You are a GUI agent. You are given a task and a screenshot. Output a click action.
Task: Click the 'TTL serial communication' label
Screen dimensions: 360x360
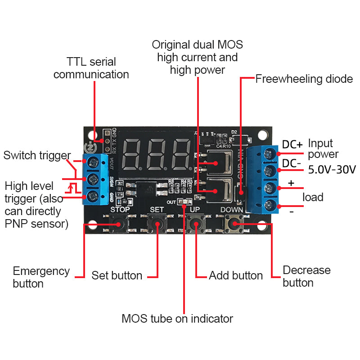tap(91, 68)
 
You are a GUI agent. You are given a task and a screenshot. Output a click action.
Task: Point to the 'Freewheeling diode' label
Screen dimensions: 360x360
tap(304, 79)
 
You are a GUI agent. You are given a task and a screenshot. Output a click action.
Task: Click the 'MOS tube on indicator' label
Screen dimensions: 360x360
tap(177, 319)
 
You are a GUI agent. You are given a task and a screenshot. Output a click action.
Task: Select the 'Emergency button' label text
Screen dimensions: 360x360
tap(41, 277)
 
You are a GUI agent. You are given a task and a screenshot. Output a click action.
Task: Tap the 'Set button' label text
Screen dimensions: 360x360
tap(117, 275)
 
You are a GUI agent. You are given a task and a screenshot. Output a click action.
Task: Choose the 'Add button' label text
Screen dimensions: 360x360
tap(236, 275)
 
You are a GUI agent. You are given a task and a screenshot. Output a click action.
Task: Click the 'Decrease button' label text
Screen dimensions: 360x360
tap(306, 276)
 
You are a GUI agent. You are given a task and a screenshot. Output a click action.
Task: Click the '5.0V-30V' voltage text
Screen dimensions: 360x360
tap(332, 170)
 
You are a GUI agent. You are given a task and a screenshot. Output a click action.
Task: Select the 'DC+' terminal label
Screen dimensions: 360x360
tap(292, 144)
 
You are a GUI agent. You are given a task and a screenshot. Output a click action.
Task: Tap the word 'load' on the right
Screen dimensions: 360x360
tap(313, 197)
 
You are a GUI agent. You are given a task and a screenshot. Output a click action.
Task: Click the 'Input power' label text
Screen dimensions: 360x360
tap(323, 149)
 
